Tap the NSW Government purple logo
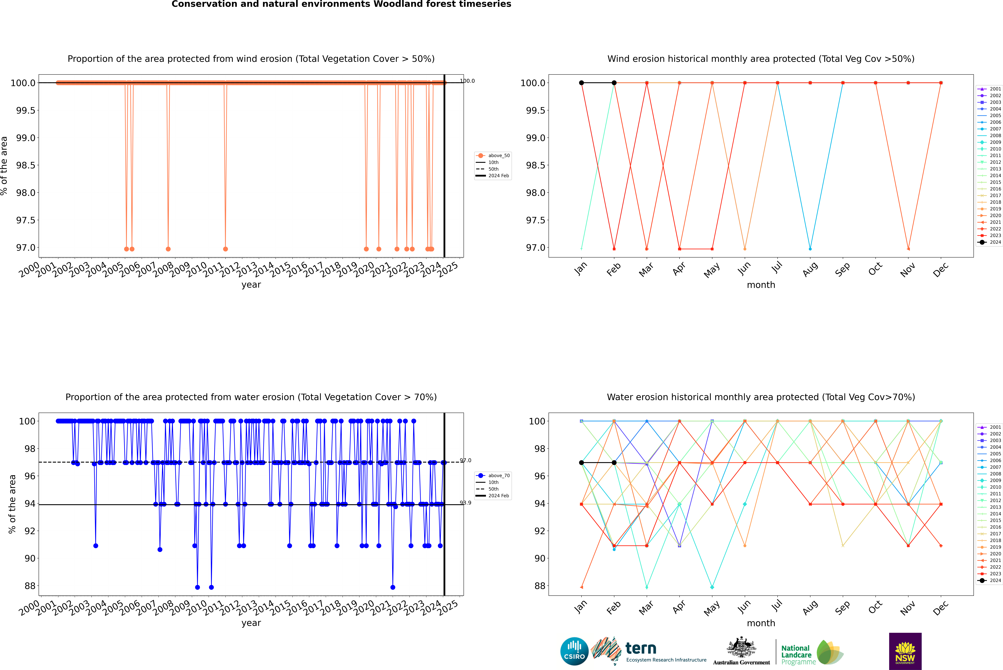[905, 651]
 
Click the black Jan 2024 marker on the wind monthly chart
[581, 83]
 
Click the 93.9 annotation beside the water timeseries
[466, 503]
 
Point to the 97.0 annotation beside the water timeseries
[466, 461]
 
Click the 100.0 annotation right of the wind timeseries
[467, 81]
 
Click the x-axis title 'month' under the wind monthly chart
[761, 285]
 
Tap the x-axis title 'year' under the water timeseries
[251, 623]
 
